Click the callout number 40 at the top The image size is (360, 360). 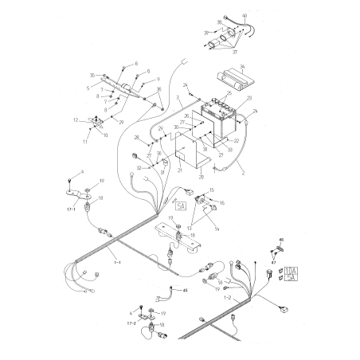(245, 17)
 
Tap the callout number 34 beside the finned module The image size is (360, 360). (242, 67)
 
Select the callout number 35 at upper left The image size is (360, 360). (92, 75)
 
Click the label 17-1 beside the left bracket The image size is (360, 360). (71, 210)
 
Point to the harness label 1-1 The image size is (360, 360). (118, 261)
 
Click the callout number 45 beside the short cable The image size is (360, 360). (186, 291)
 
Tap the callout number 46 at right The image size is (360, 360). (281, 240)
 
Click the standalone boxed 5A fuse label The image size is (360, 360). (181, 207)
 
